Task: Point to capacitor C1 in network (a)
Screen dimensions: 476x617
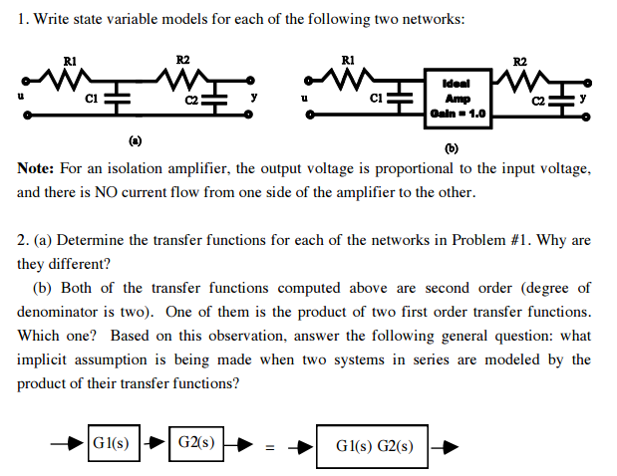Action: point(119,98)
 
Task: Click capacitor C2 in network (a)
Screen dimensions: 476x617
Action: point(217,98)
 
